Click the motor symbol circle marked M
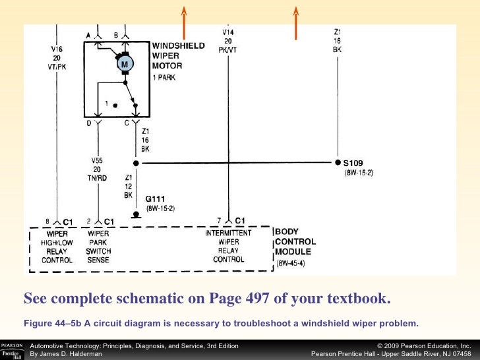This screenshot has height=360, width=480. point(125,63)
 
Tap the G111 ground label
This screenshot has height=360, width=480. point(156,198)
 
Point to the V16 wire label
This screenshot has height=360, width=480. point(57,48)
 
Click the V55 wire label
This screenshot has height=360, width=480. point(98,160)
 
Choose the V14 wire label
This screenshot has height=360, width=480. point(228,32)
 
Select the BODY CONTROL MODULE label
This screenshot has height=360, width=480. point(295,242)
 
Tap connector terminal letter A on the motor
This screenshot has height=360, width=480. point(88,34)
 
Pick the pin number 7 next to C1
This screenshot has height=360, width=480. point(218,220)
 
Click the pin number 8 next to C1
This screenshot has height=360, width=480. point(47,221)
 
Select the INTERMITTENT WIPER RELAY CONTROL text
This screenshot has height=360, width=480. point(228,246)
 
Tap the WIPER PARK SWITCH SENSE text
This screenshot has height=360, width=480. point(98,247)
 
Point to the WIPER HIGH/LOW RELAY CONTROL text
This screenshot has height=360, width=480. point(57,247)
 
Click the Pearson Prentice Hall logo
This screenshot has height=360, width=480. point(13,350)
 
